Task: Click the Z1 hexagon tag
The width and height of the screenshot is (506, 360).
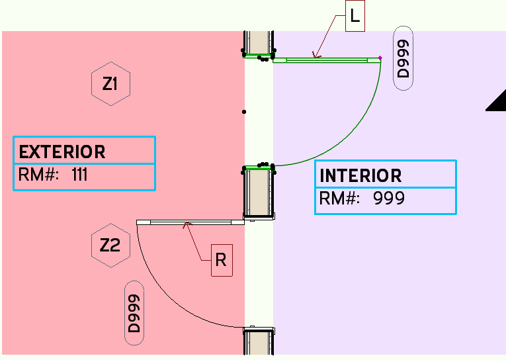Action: click(110, 84)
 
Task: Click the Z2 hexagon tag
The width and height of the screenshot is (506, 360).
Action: click(110, 246)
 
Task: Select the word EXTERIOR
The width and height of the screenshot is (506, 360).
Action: click(62, 152)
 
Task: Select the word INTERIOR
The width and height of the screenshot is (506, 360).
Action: click(360, 176)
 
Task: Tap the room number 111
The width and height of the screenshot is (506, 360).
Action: click(79, 175)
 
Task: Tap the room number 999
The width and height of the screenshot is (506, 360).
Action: click(388, 199)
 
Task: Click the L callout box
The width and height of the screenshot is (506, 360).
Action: click(355, 17)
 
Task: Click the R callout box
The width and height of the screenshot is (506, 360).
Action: click(221, 261)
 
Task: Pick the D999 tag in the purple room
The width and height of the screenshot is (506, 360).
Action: click(403, 59)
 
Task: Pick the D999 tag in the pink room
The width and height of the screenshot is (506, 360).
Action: click(134, 313)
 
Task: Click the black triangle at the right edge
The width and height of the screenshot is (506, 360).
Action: click(498, 102)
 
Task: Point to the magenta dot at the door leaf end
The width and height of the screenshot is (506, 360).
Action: click(380, 58)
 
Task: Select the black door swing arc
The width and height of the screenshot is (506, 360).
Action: click(165, 298)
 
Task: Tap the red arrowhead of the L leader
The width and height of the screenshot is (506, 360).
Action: click(316, 58)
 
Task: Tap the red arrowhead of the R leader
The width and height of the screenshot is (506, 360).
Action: click(188, 225)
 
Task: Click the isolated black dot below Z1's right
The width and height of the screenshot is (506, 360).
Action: click(244, 112)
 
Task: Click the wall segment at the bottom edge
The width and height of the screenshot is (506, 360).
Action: click(259, 342)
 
